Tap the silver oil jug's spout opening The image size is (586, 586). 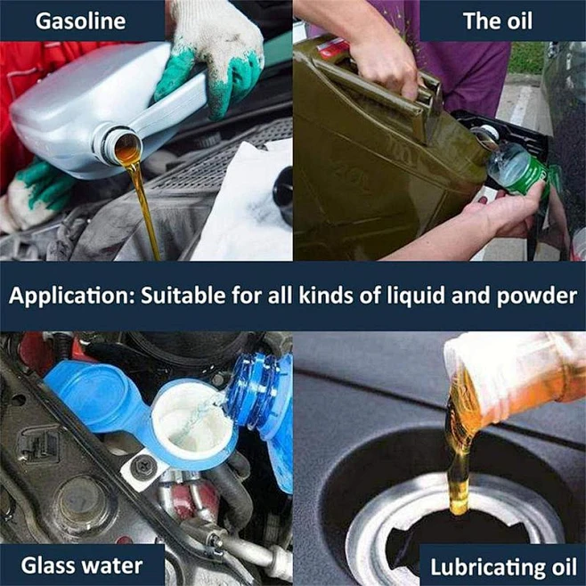click(125, 145)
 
